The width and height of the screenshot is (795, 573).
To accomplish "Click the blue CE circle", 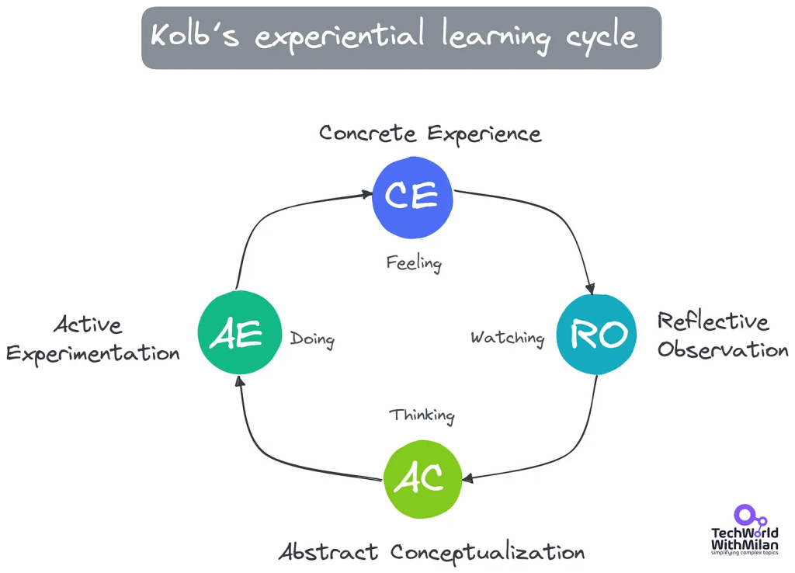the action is point(412,197).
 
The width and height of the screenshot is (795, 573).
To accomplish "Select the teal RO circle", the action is point(596,335).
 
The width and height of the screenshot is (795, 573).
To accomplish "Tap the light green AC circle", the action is point(422,479).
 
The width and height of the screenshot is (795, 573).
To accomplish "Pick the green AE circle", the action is point(239,332).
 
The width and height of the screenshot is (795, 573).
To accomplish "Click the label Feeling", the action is point(414,263).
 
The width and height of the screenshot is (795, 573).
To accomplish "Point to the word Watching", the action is point(508,339).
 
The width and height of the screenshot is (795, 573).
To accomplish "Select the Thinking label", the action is point(422,415).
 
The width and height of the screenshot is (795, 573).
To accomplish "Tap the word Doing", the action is point(312,339).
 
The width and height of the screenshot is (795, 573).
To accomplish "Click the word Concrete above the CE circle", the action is point(367,134).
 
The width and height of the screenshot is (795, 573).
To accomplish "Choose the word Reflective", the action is point(713,321).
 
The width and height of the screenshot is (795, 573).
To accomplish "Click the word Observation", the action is point(723,349).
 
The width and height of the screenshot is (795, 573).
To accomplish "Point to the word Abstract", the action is point(328,552).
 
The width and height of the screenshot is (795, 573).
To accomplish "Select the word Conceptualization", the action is point(488,553).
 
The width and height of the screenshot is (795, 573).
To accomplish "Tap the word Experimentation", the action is point(93,353).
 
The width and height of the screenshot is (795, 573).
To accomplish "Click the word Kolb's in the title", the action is point(195,35).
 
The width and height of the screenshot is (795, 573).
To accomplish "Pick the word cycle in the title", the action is point(601,37).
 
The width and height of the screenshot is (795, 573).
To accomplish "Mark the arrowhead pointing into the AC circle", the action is point(467,478).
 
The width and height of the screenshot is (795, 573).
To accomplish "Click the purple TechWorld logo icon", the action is point(749,516).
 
